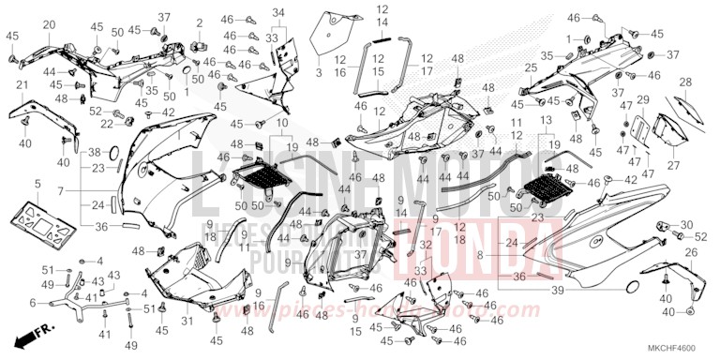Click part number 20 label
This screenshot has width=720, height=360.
[x=49, y=24]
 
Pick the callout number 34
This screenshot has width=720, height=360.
[x=277, y=12]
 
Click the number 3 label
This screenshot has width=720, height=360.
[x=318, y=71]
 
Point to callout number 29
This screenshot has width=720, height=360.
[x=642, y=100]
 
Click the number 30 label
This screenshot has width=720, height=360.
[x=688, y=225]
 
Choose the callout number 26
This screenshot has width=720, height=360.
[x=691, y=252]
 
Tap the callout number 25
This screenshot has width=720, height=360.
[x=531, y=67]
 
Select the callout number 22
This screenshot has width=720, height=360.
[x=105, y=124]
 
